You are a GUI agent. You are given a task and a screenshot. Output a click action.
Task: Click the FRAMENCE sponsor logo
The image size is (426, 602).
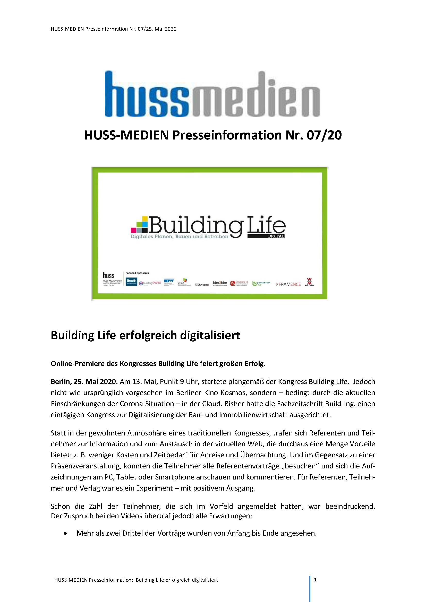[x=288, y=284]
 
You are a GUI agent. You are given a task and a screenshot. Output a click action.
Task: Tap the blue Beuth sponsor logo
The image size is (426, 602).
[x=131, y=282]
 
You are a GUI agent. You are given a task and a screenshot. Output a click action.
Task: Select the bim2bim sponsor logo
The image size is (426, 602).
[x=220, y=283]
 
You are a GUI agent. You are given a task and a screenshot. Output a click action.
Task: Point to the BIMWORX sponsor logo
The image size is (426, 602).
[x=202, y=285]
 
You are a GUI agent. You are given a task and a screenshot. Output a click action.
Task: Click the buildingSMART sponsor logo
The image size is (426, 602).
[x=150, y=283]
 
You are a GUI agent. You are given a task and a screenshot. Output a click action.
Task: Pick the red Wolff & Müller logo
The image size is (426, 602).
[x=309, y=282]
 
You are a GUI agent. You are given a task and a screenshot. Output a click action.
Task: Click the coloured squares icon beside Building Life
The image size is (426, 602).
[x=140, y=225]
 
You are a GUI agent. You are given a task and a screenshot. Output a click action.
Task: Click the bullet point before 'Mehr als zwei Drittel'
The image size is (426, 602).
[x=65, y=533]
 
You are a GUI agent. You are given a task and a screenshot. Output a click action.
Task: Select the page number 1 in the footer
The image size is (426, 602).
[x=315, y=580]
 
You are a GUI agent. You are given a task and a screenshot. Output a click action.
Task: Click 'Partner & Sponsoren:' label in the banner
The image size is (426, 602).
[x=138, y=273]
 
